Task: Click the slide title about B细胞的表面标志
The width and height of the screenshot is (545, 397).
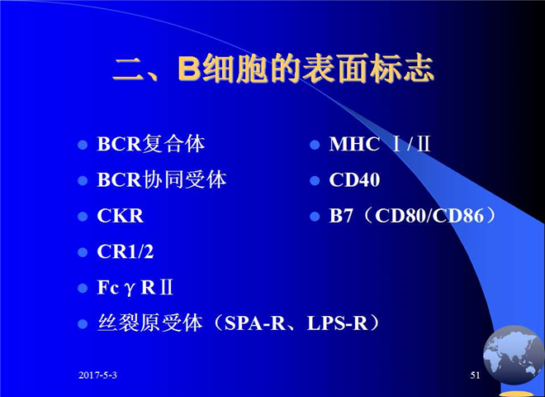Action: [273, 69]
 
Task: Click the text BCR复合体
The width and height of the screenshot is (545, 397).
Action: [151, 144]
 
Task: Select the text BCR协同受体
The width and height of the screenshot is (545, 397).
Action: [162, 179]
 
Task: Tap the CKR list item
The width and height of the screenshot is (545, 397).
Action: [121, 216]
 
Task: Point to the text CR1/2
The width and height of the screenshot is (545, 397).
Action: [126, 251]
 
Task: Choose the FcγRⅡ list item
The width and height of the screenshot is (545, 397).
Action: [135, 288]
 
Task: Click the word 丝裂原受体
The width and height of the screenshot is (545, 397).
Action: [150, 323]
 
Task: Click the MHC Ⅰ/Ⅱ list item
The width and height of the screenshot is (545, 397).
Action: [380, 144]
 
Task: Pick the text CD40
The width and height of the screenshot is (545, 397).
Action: [354, 179]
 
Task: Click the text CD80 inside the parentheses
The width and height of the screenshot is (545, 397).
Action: [401, 216]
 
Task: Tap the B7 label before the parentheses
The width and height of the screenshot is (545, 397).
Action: [341, 216]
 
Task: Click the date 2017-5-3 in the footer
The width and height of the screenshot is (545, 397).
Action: [97, 375]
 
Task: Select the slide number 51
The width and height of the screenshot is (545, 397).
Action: [475, 375]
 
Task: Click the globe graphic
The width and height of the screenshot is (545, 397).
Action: [514, 355]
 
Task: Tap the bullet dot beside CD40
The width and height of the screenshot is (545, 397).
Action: [315, 181]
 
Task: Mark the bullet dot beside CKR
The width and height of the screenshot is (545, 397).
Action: [83, 217]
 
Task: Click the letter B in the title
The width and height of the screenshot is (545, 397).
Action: [189, 69]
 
